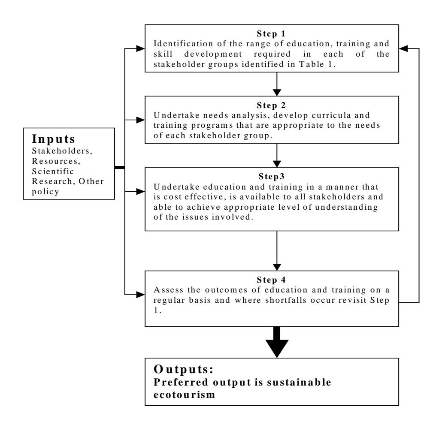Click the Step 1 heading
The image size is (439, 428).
[x=271, y=34]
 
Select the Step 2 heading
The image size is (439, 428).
[x=271, y=105]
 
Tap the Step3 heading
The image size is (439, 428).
[x=271, y=177]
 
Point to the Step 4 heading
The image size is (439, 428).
[x=271, y=280]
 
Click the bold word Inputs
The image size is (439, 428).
[x=54, y=139]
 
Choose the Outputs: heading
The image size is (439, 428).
[x=183, y=369]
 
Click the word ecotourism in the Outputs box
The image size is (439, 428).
[x=184, y=395]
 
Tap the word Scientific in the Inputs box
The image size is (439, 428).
[x=53, y=171]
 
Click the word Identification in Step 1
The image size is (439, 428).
[x=183, y=44]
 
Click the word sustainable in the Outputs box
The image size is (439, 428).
[x=299, y=382]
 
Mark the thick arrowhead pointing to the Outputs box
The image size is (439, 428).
[x=277, y=348]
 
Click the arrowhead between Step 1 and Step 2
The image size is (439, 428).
[x=277, y=93]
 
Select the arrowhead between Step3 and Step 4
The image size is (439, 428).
[x=277, y=267]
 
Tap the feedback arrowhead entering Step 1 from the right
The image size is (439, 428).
[x=403, y=48]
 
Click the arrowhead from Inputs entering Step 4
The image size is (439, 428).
[x=141, y=295]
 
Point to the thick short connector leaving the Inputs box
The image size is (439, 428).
[x=120, y=168]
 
